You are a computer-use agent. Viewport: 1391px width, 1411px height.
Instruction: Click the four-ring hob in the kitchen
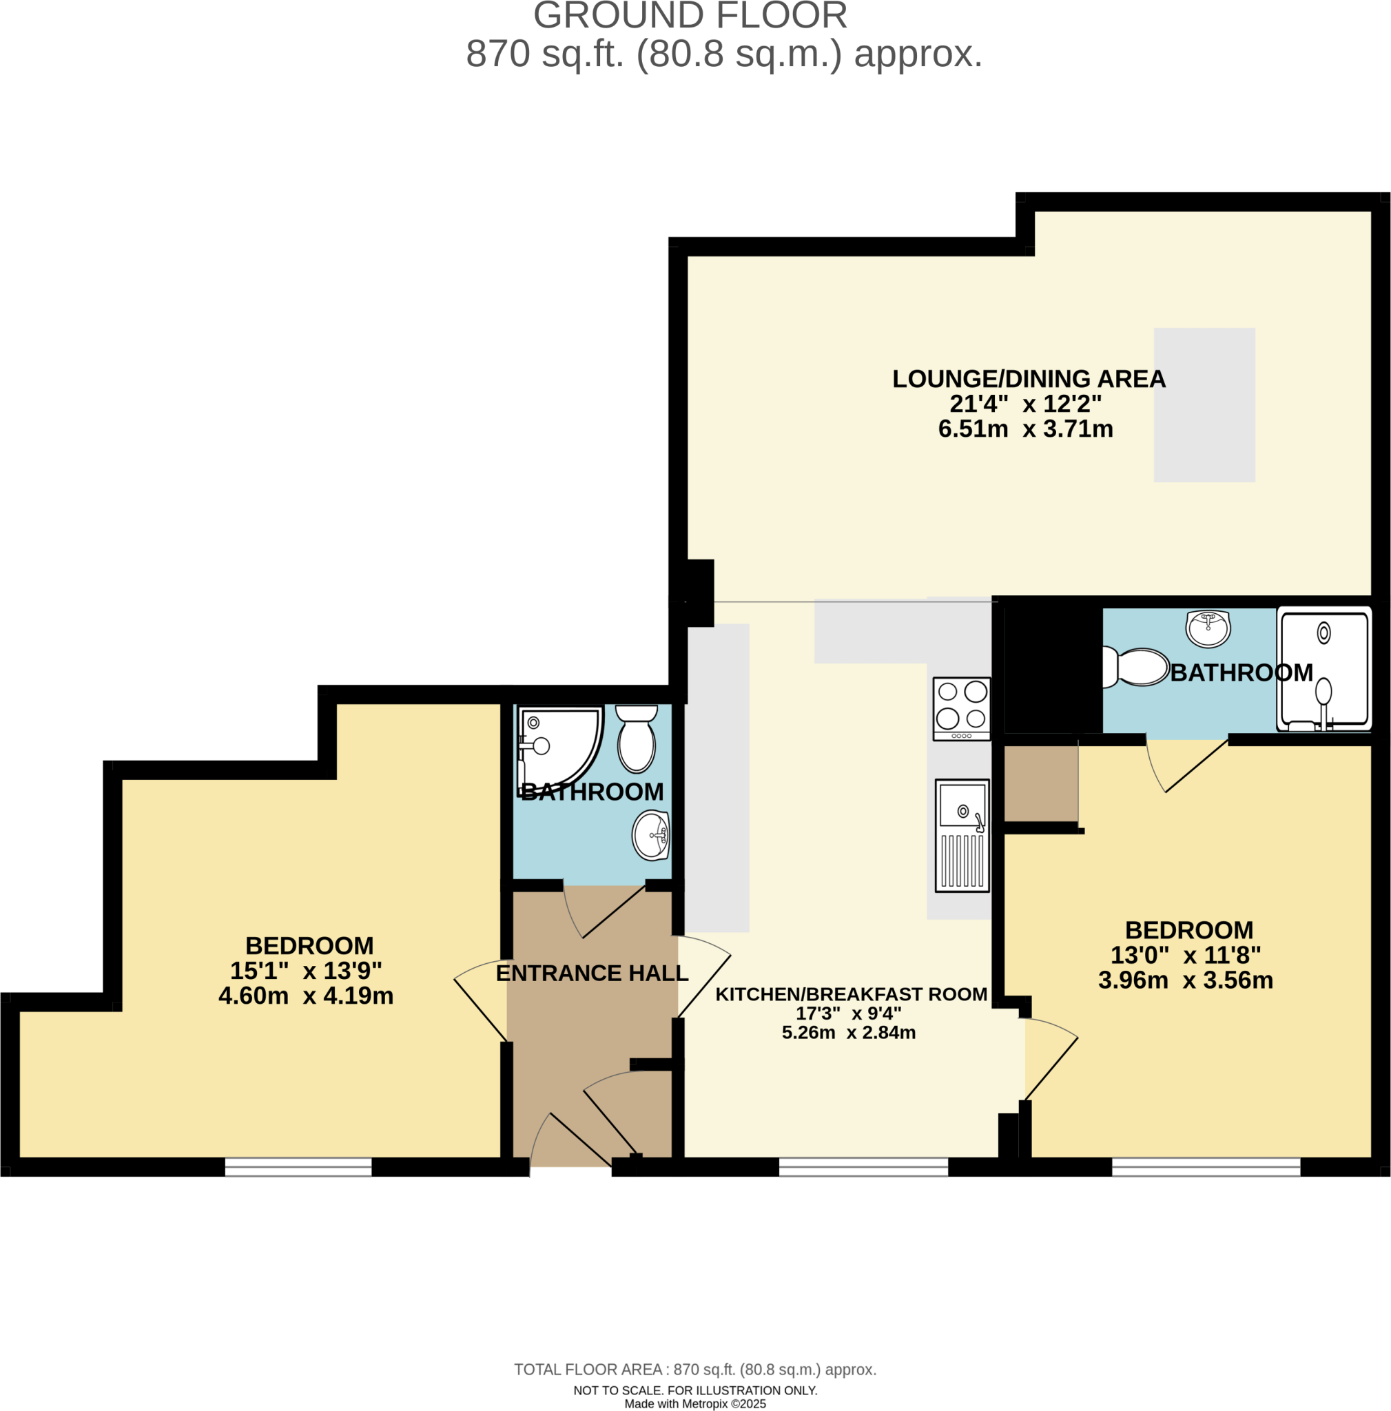coord(961,708)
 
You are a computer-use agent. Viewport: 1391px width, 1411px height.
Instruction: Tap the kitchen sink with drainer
coord(962,835)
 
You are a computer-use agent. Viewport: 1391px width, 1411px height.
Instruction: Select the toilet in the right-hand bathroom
coord(1135,667)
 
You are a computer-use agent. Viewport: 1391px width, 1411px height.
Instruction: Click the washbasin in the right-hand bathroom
coord(1207,628)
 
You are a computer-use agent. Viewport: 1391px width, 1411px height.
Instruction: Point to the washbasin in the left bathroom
coord(650,835)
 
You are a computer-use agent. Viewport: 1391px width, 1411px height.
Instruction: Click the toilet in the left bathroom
coord(636,739)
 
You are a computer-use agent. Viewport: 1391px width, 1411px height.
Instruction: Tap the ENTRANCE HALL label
coord(591,973)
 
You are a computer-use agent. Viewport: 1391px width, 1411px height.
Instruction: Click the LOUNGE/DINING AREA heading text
coord(1028,378)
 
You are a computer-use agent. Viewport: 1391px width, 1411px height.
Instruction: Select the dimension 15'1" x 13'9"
coord(306,971)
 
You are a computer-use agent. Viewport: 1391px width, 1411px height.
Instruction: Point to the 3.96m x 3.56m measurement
coord(1185,980)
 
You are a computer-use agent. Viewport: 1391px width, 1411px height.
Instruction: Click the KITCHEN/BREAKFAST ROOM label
coord(851,994)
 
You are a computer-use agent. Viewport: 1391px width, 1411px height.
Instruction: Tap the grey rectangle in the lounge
coord(1204,404)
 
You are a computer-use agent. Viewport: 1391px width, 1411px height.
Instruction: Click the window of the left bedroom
coord(298,1166)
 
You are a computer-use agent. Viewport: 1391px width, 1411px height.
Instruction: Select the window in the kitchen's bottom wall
coord(863,1166)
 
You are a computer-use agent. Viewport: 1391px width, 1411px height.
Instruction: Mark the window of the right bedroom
coord(1206,1166)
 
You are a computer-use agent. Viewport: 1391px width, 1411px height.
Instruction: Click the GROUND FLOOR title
coord(690,16)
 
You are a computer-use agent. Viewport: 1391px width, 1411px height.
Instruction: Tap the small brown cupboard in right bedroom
coord(1040,783)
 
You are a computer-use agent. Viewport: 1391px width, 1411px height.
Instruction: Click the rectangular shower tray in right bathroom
coord(1323,669)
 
